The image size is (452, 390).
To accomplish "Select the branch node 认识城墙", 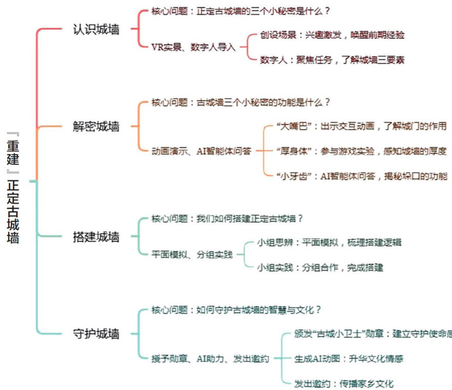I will click(96, 30).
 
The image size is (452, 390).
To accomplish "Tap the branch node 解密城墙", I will click(96, 126).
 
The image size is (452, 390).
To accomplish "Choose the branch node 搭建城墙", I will click(96, 236).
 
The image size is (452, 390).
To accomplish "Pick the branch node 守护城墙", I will click(96, 334).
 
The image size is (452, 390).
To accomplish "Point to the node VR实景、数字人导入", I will click(194, 47).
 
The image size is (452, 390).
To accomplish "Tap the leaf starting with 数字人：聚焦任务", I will click(332, 60).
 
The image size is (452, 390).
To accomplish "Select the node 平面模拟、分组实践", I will click(192, 254).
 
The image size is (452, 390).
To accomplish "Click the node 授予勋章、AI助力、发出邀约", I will click(210, 358).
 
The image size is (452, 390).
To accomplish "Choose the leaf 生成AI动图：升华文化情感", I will click(348, 358).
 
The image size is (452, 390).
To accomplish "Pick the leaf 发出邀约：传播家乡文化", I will click(343, 383).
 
